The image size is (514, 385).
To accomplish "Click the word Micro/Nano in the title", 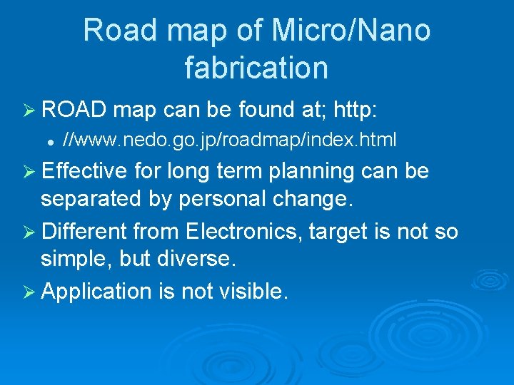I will click(x=351, y=31).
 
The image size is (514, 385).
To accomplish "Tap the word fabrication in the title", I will click(x=256, y=67).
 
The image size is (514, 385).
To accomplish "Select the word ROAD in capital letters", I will click(x=74, y=110).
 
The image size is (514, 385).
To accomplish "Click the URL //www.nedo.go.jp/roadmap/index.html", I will click(x=229, y=140).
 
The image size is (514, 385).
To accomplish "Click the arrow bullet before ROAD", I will click(x=30, y=111).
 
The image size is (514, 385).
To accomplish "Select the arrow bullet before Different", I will click(x=30, y=231).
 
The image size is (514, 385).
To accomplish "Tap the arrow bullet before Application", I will click(x=30, y=291).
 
